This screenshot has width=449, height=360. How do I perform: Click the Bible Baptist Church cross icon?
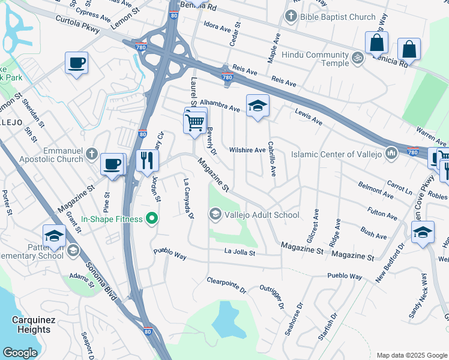292,17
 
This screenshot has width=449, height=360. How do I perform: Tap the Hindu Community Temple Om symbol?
357,59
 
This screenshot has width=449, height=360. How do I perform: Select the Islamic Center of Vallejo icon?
391,154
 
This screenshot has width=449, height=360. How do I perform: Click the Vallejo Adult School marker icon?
215,214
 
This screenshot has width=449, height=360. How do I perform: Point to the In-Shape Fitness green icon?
152,219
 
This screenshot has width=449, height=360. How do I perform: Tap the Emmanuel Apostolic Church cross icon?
91,154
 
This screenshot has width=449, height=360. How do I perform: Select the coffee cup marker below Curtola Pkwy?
77,63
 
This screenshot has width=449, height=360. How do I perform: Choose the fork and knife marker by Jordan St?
147,161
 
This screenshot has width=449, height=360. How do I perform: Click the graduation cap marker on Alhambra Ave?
258,106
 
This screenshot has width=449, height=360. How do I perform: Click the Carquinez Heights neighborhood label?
31,325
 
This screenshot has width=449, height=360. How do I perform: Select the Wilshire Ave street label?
247,150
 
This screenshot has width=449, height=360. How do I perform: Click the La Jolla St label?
240,253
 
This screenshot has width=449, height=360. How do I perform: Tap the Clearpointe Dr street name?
226,285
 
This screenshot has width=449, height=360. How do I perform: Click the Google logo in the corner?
20,353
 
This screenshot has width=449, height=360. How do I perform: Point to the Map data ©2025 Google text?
411,355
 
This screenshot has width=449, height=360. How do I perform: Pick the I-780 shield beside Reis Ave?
227,77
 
